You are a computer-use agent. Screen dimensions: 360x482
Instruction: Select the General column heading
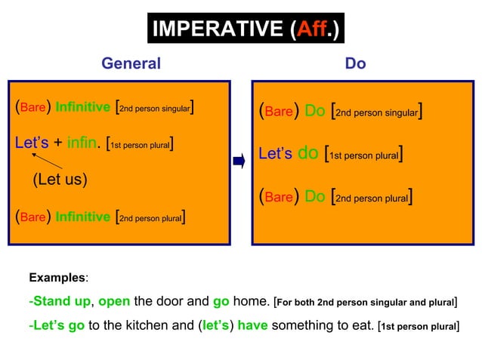pyautogui.click(x=131, y=64)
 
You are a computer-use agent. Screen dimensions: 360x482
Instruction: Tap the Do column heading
pyautogui.click(x=355, y=64)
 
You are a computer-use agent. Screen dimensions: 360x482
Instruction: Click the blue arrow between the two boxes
pyautogui.click(x=239, y=161)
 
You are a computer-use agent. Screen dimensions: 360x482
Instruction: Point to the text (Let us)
pyautogui.click(x=60, y=180)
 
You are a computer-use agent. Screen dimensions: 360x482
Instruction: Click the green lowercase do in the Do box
pyautogui.click(x=308, y=155)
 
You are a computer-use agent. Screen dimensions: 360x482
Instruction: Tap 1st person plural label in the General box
pyautogui.click(x=141, y=143)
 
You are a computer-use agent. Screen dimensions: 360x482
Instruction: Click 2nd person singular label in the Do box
pyautogui.click(x=376, y=112)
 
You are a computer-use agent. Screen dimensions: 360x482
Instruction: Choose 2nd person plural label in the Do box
pyautogui.click(x=371, y=198)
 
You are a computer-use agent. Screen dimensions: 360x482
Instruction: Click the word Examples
pyautogui.click(x=58, y=278)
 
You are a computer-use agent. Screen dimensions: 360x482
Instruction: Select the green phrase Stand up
pyautogui.click(x=62, y=302)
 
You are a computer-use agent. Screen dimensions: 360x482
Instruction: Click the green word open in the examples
pyautogui.click(x=114, y=302)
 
